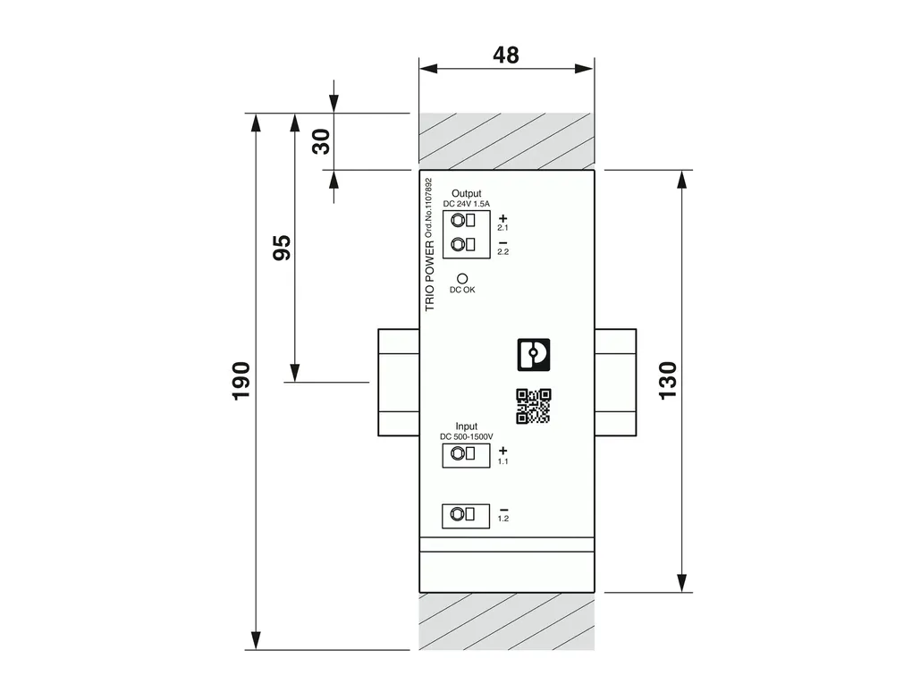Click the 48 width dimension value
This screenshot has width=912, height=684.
pyautogui.click(x=505, y=55)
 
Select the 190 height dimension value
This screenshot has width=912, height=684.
pyautogui.click(x=241, y=381)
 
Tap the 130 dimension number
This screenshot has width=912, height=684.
pyautogui.click(x=668, y=380)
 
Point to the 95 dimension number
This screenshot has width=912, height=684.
pyautogui.click(x=282, y=248)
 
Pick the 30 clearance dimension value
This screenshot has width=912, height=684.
pyautogui.click(x=321, y=142)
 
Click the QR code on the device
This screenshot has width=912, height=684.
pyautogui.click(x=534, y=406)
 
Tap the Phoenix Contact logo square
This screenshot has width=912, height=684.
pyautogui.click(x=534, y=355)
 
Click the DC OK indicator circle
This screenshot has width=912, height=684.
pyautogui.click(x=462, y=279)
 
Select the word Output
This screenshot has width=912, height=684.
pyautogui.click(x=467, y=193)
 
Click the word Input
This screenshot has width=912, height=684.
pyautogui.click(x=467, y=426)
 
